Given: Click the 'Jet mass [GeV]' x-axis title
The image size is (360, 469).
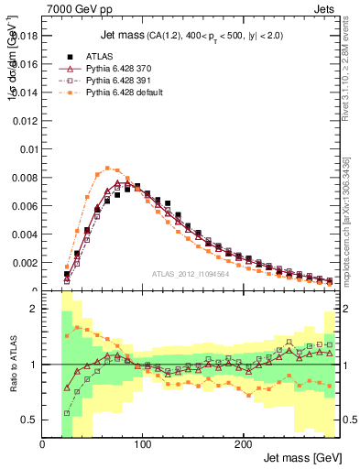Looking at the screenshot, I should [302, 458].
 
